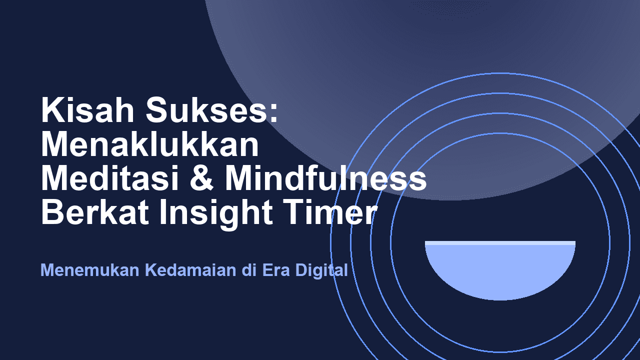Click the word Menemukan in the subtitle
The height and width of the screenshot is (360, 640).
pyautogui.click(x=90, y=270)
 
